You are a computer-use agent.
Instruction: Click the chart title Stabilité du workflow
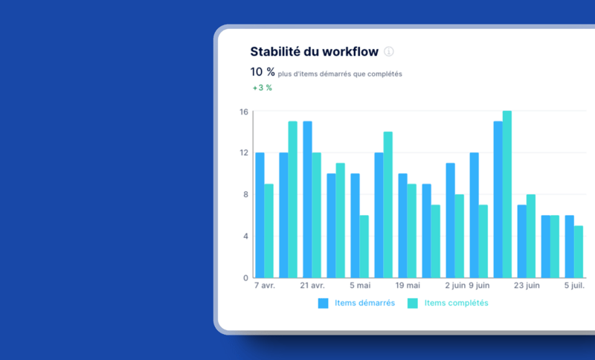point(314,51)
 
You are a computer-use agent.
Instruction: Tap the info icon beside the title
point(388,51)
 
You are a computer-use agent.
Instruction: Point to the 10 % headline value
point(263,72)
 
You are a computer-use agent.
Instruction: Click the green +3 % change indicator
point(263,88)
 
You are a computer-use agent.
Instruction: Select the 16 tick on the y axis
point(243,112)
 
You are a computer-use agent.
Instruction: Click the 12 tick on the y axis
point(243,153)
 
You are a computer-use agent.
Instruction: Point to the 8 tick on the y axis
point(245,195)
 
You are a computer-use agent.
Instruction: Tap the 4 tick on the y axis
point(245,237)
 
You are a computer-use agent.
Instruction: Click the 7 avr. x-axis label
point(265,285)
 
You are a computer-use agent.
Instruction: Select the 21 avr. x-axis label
point(312,285)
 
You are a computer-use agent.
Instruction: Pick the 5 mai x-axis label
point(360,285)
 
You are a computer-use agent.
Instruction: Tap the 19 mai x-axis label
point(408,285)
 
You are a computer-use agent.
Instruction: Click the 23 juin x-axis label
point(527,285)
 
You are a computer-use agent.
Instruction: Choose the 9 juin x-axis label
point(479,285)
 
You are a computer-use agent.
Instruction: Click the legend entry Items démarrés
point(357,303)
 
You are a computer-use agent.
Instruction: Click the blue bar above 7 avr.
point(260,216)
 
